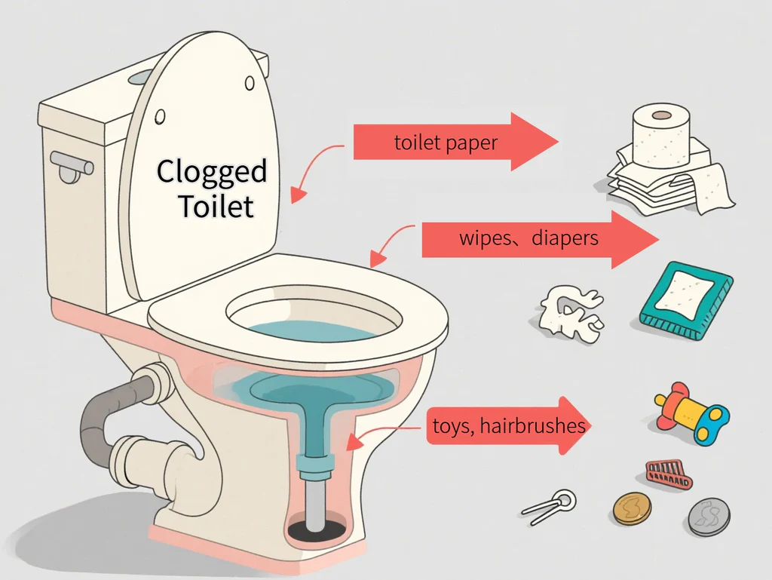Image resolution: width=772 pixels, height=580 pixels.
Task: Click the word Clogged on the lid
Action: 212,173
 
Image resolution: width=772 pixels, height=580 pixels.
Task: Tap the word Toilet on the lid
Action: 216,205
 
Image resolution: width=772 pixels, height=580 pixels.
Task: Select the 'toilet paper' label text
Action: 446,143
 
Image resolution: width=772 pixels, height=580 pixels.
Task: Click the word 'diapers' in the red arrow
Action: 565,239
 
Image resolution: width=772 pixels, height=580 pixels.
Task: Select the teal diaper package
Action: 686,299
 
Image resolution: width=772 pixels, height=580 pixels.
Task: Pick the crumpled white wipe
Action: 571,311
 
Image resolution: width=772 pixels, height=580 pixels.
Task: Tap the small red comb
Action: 667,472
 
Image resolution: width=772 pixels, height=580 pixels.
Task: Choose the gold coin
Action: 631,508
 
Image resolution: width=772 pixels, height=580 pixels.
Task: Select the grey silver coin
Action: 709,517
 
